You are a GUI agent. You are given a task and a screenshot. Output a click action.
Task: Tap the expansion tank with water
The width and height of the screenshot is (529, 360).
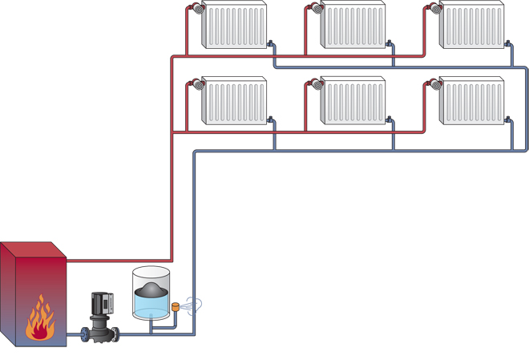151,297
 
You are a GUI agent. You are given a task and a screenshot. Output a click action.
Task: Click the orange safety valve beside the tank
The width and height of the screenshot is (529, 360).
176,306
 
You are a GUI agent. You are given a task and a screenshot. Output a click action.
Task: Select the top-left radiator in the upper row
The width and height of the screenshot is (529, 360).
233,25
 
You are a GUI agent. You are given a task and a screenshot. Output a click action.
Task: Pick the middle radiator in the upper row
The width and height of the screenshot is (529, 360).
353,25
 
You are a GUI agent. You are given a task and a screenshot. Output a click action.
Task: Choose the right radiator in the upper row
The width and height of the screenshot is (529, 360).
471,25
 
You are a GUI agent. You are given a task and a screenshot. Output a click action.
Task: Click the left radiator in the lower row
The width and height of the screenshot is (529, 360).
233,101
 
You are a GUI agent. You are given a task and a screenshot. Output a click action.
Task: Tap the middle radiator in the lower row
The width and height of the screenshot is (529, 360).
353,101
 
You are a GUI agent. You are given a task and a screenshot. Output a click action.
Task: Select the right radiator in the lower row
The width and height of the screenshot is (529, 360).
471,101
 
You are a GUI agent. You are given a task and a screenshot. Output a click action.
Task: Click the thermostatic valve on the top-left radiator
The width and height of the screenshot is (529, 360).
197,9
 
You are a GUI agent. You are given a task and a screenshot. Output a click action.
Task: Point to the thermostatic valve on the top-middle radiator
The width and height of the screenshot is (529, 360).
317,9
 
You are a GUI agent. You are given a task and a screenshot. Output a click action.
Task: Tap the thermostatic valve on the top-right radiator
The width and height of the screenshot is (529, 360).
435,9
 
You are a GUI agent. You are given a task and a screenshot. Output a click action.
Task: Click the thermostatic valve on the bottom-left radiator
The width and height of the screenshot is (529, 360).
197,84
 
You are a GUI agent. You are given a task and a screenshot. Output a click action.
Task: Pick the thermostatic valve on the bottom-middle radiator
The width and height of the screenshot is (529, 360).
317,84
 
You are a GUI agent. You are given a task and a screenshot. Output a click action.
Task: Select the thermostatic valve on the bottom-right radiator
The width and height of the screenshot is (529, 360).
435,84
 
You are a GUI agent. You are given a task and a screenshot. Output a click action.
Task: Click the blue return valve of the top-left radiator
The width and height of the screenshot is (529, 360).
271,44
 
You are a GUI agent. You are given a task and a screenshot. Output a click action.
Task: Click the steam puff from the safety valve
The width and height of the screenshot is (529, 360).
193,305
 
